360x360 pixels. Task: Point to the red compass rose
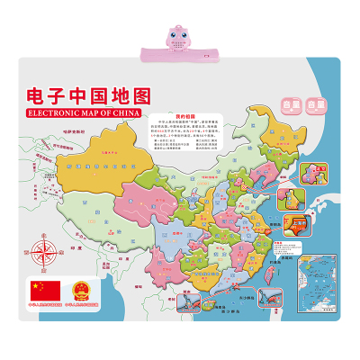click(x=42, y=247)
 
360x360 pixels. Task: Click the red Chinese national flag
click(x=43, y=291)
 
